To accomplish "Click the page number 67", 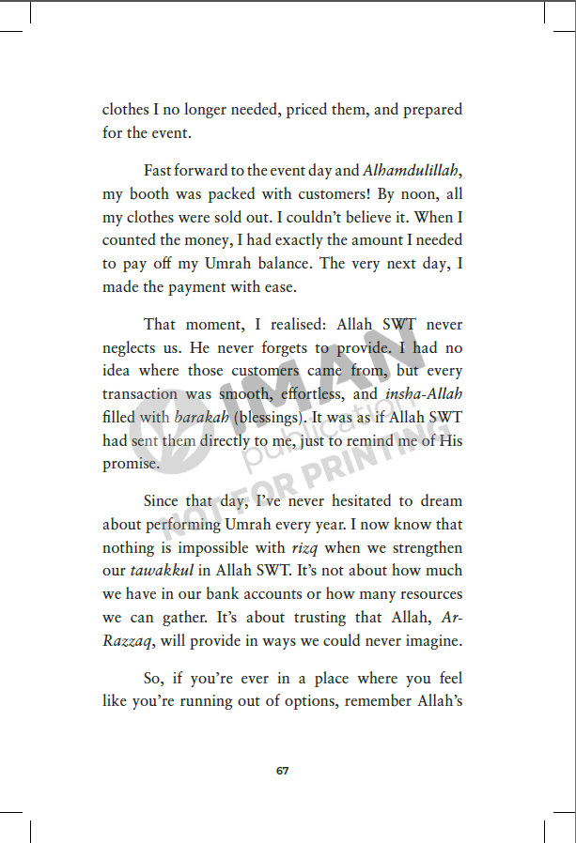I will coord(283,771).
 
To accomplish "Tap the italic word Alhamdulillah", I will coord(411,171).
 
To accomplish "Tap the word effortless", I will coord(318,394).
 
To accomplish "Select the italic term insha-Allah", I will coord(425,394).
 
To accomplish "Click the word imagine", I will coord(431,640).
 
